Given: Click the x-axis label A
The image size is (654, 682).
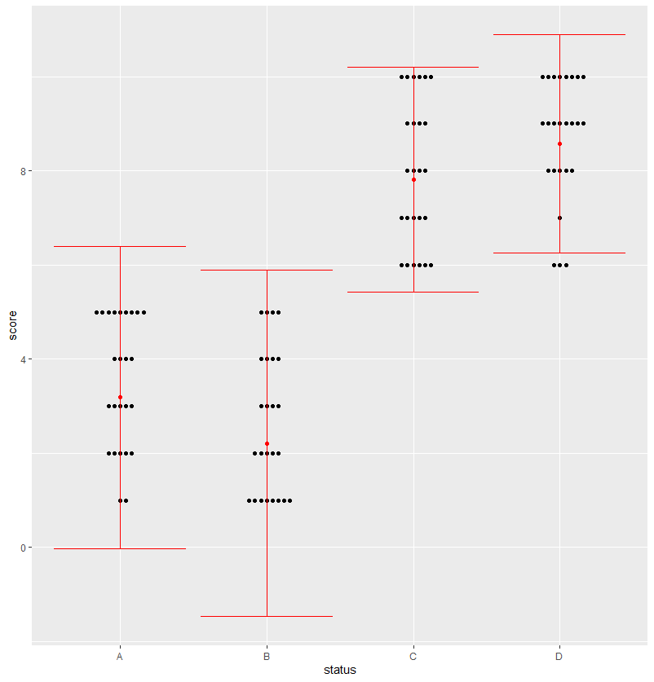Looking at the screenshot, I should click(x=120, y=656).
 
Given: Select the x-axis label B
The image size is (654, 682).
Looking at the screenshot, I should click(x=267, y=656).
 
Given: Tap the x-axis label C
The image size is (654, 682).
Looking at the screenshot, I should click(x=413, y=656).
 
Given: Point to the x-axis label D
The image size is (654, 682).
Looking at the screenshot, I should click(x=559, y=656).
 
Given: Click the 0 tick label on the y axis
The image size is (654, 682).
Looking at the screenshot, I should click(x=24, y=548).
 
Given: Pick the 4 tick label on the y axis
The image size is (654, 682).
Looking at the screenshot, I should click(x=24, y=359).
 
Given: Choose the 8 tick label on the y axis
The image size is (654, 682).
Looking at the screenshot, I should click(x=24, y=171).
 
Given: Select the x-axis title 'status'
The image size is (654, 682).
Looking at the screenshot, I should click(x=339, y=671).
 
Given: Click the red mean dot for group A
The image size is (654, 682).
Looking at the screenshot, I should click(x=120, y=397).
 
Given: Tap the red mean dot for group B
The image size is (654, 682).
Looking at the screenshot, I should click(x=267, y=443).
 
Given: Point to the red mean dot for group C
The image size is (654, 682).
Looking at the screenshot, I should click(x=413, y=179).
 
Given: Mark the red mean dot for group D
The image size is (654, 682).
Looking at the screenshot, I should click(x=559, y=143).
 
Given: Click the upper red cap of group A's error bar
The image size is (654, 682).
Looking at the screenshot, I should click(x=120, y=246).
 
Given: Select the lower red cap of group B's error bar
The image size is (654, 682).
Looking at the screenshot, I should click(x=267, y=616).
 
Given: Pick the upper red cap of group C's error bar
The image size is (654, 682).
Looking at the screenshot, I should click(x=413, y=67).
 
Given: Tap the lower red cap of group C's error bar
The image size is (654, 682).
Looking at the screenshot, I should click(x=413, y=292).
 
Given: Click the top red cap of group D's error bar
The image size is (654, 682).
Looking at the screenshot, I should click(x=559, y=34).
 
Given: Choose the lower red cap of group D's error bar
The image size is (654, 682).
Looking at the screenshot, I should click(x=559, y=253).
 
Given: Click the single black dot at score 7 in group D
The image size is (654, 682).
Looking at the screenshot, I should click(x=559, y=218).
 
